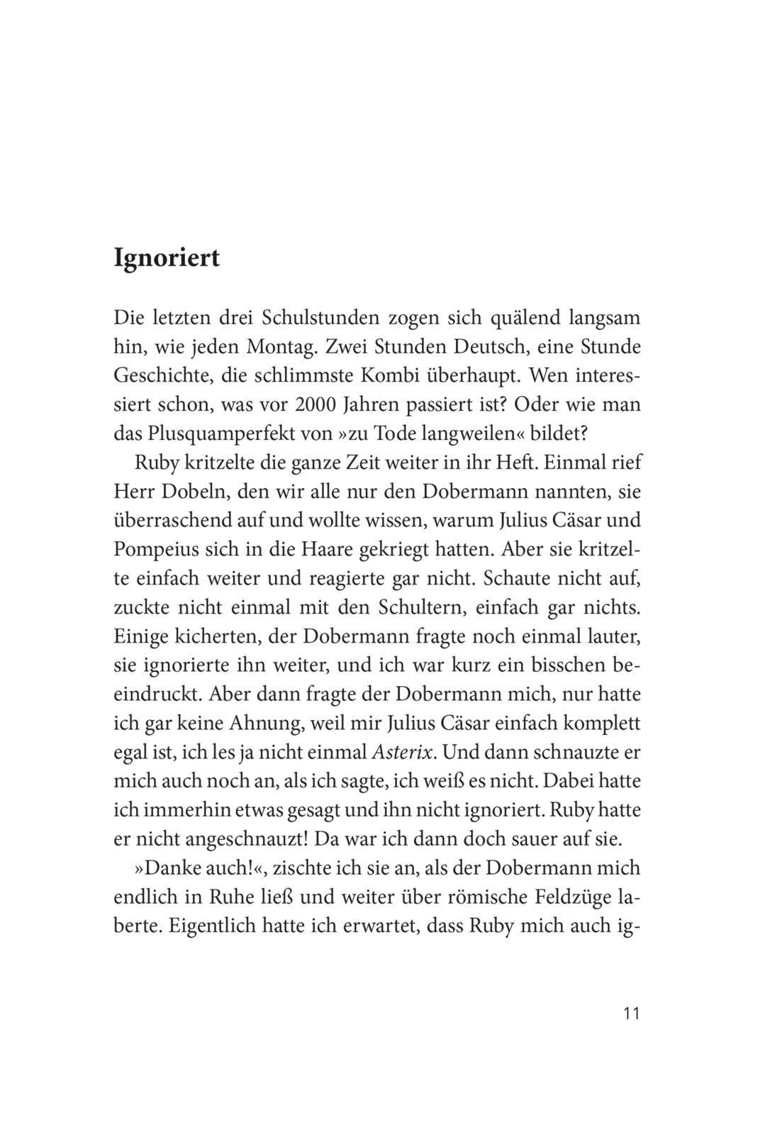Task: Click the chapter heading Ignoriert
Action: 167,258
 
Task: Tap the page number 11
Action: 631,1013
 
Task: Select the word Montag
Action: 283,347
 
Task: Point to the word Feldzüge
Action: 562,897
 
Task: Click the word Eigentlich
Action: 210,926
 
